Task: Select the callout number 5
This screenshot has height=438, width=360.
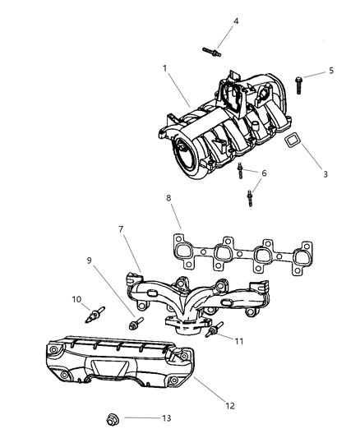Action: click(x=330, y=71)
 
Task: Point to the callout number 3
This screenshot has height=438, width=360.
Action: click(x=325, y=174)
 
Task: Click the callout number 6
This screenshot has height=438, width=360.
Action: click(x=264, y=173)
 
